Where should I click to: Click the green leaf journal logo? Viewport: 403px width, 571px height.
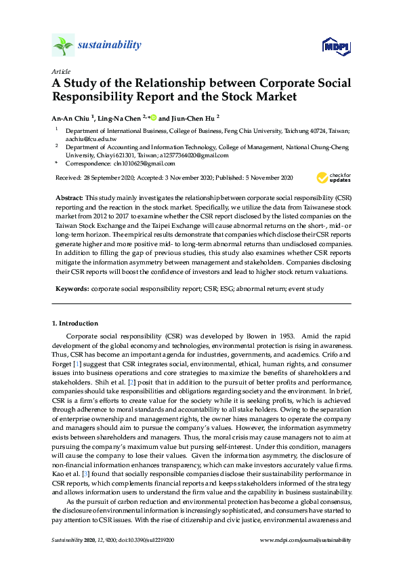(62, 46)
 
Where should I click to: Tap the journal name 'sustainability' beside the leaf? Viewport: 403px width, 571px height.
(110, 45)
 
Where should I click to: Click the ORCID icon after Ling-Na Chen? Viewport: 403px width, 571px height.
(154, 117)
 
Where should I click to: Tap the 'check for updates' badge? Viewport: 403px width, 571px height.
(333, 178)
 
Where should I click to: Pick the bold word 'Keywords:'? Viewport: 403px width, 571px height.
(72, 289)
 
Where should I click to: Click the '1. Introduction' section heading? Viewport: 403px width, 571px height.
(75, 323)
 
